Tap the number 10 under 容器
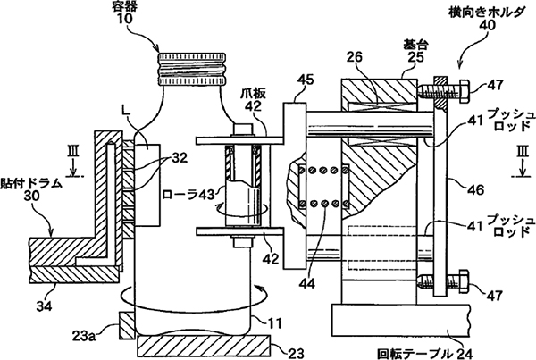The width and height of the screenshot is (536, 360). coord(171,19)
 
